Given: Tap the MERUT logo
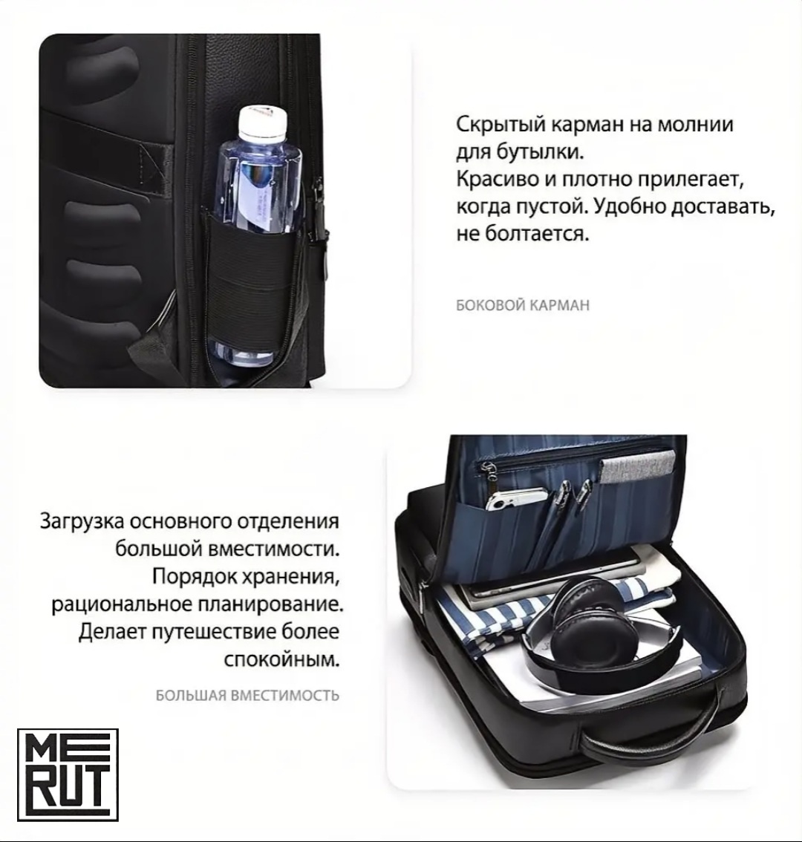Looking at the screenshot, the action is [x=68, y=775].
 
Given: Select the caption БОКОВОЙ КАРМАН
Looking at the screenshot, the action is [x=523, y=305].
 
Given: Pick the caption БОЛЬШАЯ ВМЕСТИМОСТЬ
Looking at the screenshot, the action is [x=247, y=696].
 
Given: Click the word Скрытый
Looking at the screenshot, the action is [x=501, y=125].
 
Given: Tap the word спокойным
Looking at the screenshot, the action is [x=281, y=659].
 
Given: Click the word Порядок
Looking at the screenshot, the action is [x=195, y=577].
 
